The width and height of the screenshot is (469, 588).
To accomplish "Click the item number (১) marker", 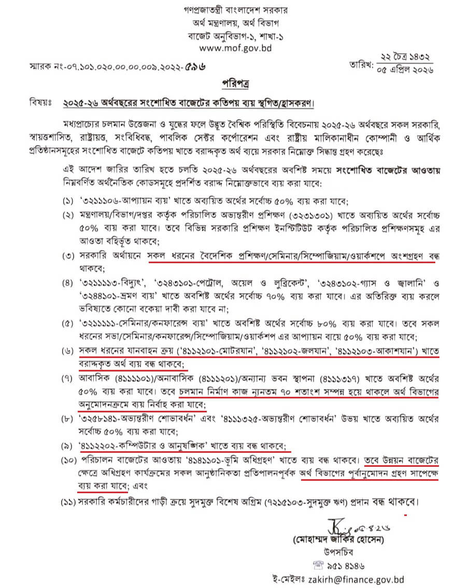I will [68, 202].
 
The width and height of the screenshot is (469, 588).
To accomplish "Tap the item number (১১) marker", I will [66, 502].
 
